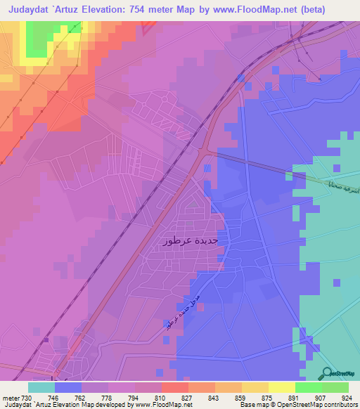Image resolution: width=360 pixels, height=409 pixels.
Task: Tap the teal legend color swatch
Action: tap(41, 387)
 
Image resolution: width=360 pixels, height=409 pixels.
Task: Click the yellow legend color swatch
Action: tap(281, 387)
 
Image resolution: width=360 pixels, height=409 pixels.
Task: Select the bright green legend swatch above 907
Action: tap(308, 387)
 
